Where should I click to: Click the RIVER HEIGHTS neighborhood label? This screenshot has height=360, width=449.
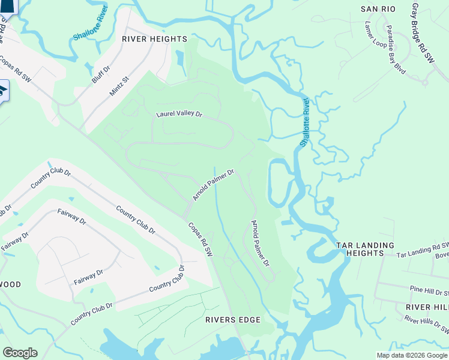coord(154,39)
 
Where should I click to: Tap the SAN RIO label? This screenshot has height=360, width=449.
coord(377,9)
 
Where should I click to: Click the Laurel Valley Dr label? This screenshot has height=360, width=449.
coord(179,113)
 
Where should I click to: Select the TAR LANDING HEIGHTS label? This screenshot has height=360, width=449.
coord(365,249)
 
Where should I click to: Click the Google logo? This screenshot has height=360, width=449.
coord(20,353)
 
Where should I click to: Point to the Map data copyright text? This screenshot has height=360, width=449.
coord(412,355)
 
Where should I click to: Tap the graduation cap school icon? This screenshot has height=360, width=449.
coord(2,91)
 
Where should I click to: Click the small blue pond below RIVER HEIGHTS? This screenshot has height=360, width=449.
coord(181,59)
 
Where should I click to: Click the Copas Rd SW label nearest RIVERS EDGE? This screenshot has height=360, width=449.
coord(200,240)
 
